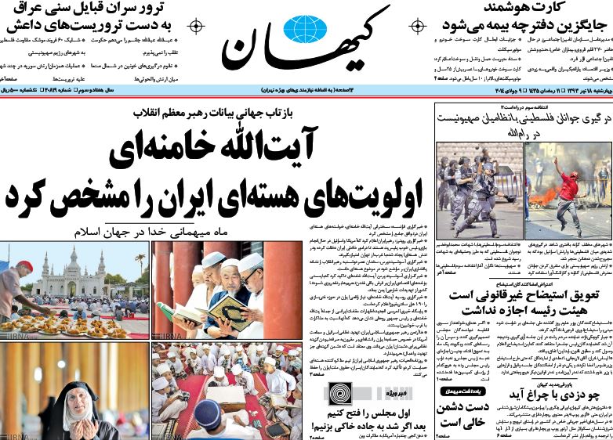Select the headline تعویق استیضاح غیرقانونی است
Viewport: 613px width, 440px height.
pos(523,304)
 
